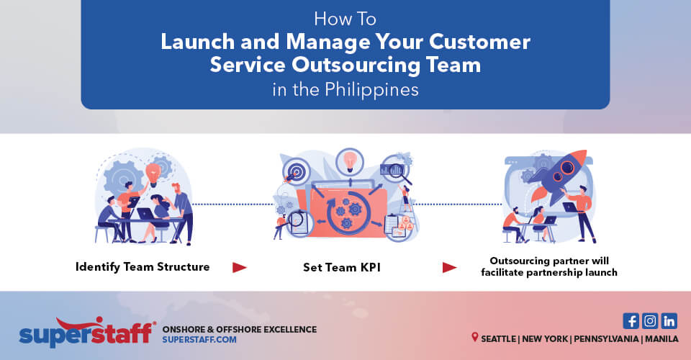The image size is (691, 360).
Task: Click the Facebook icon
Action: click(631, 321)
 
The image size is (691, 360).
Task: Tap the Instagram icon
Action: click(650, 321)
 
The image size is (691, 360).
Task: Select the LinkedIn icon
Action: click(669, 321)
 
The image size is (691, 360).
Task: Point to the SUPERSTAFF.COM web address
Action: click(200, 340)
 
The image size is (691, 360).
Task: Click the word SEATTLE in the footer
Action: click(499, 338)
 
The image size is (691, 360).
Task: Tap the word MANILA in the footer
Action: click(661, 338)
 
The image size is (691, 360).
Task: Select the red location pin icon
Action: click(475, 337)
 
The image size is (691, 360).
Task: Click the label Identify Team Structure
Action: click(143, 267)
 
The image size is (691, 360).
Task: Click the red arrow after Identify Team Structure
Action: click(240, 268)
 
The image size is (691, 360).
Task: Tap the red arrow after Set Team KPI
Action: click(449, 268)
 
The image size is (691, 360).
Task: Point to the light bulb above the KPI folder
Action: click(351, 160)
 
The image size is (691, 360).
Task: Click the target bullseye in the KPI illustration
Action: click(294, 172)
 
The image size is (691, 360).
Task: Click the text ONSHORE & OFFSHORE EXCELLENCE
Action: click(240, 329)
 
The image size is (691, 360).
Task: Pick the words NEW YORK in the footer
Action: click(551, 338)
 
